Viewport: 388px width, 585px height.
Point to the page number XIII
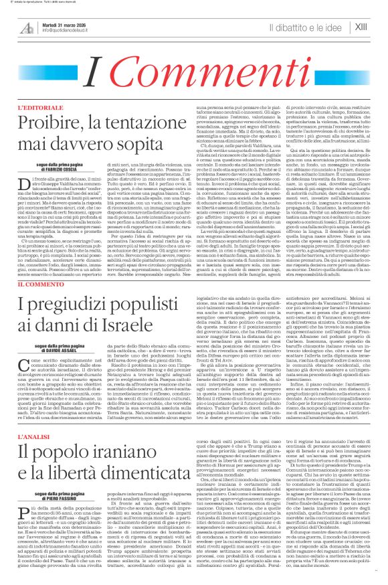tap(361, 27)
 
